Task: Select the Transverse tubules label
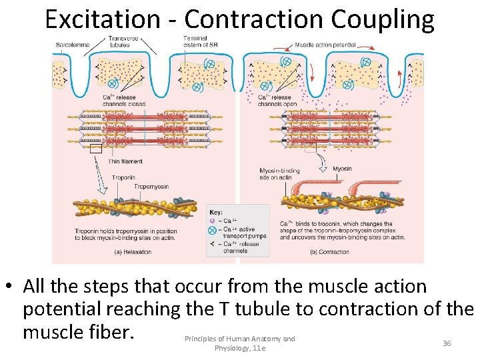(123, 41)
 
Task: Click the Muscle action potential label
(325, 45)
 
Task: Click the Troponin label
(123, 177)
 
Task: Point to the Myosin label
(342, 169)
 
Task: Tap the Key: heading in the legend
(216, 212)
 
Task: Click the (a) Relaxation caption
(133, 252)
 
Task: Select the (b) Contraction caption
(330, 252)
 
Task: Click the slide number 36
(447, 343)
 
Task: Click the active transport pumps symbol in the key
(213, 229)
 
